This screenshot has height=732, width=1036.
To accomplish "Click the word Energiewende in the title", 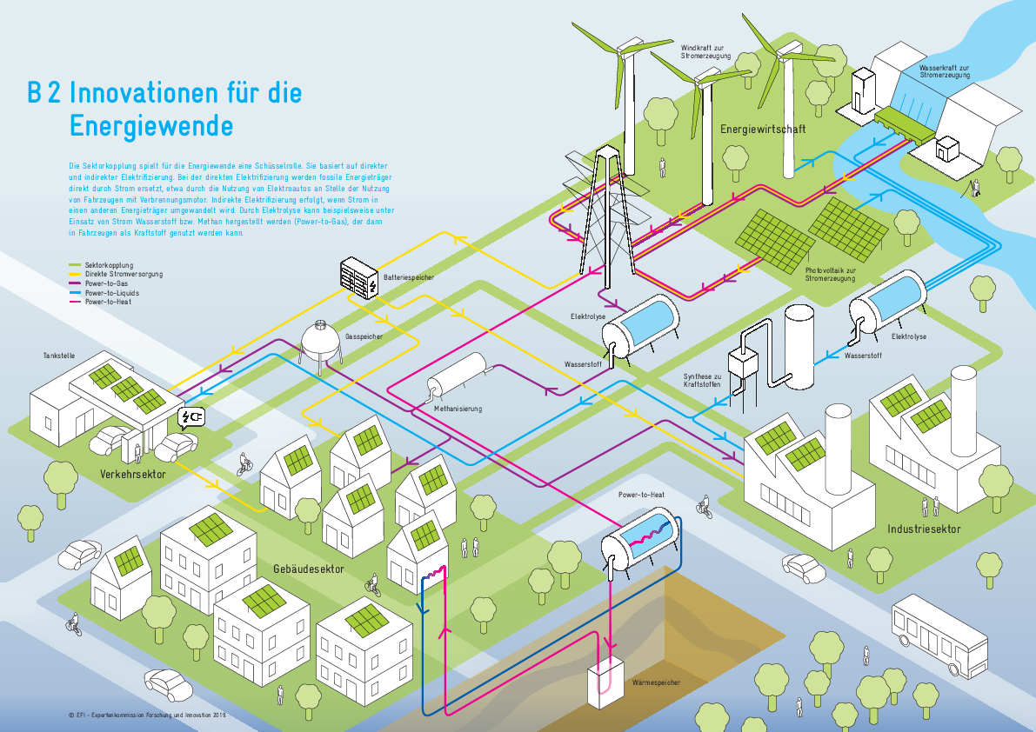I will coord(151,126).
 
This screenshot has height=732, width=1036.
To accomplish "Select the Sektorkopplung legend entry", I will coord(108,264).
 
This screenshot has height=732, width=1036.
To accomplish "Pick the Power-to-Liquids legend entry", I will coord(111,293).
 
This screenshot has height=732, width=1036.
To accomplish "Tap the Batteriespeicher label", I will coord(408,277).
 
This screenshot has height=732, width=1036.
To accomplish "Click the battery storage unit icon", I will coord(358,277).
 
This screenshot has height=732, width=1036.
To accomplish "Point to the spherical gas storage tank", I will coord(320,339).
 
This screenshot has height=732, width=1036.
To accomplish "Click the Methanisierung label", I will coord(458,408).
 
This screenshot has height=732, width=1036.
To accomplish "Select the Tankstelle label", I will coord(58,356).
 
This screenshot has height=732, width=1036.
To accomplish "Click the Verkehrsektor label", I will coord(132,475).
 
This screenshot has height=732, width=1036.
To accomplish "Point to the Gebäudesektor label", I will coord(309,569).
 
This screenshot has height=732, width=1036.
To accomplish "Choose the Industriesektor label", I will coord(924,529).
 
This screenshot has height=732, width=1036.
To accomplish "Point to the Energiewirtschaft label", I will coord(763,130).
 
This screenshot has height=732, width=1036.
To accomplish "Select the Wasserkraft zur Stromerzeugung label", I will coord(945,70).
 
